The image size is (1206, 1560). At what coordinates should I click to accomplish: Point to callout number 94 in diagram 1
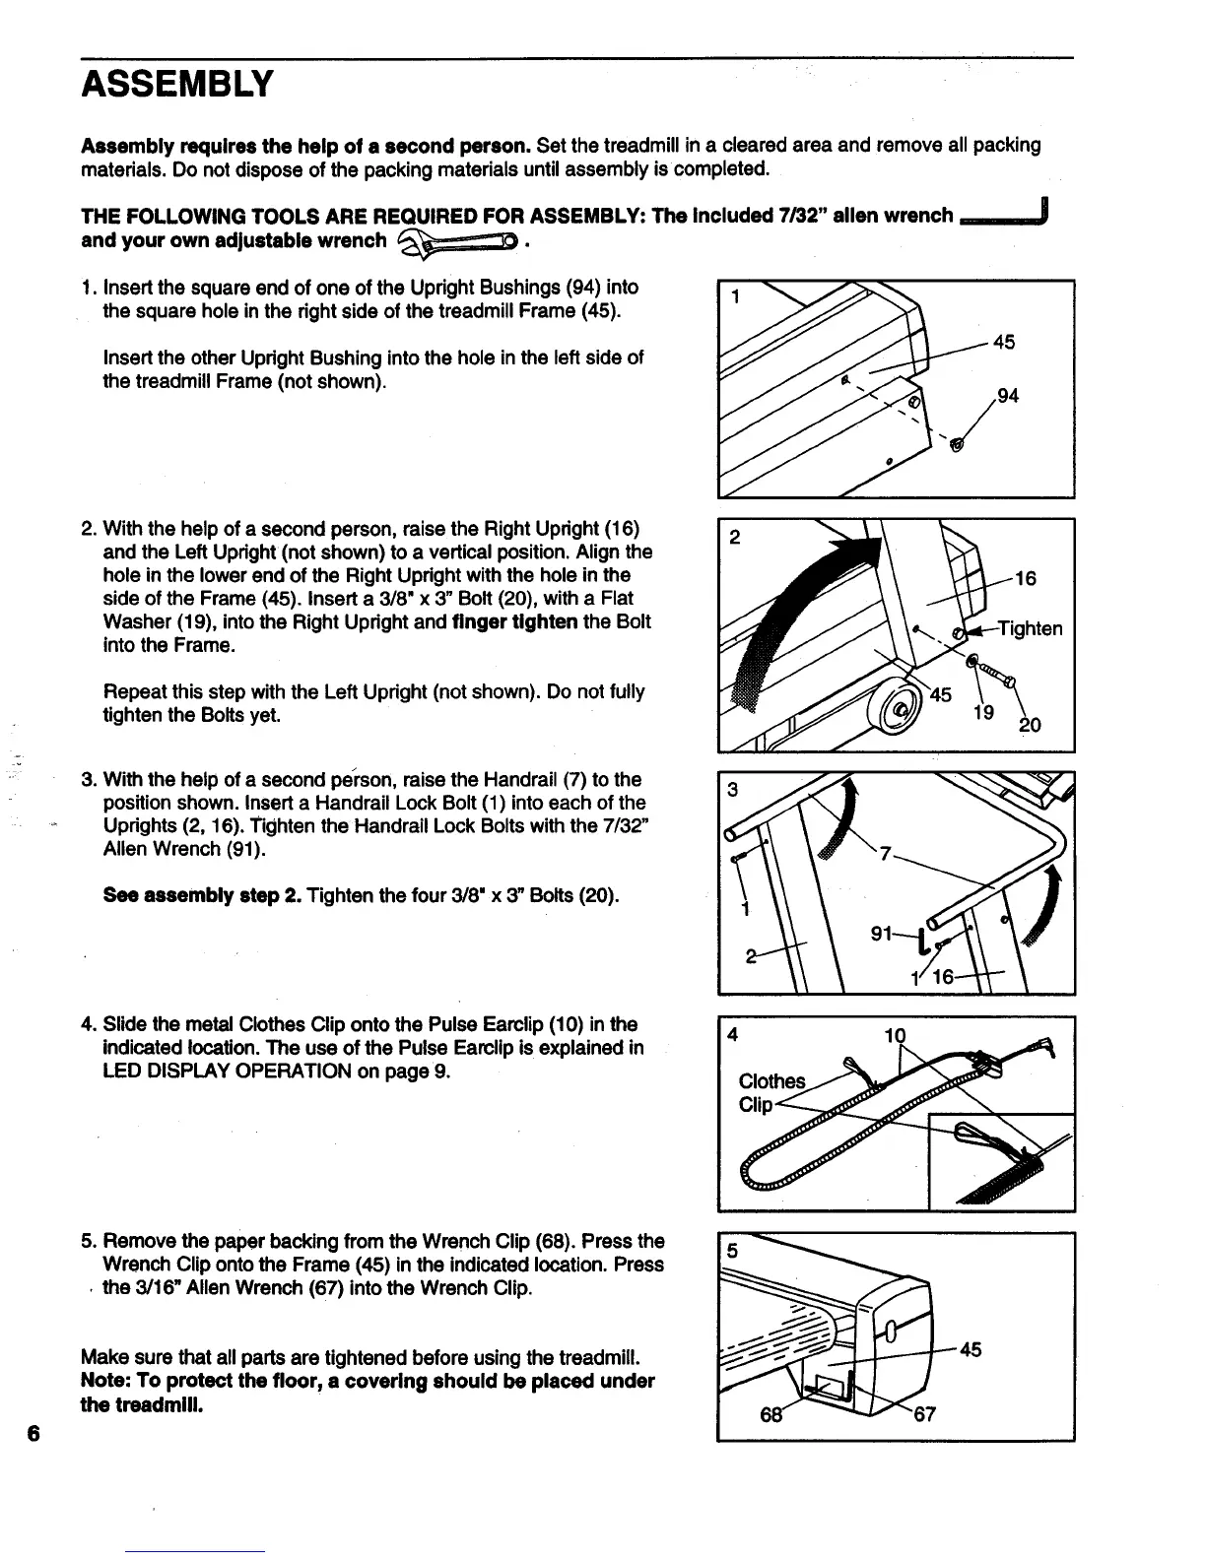click(x=1007, y=396)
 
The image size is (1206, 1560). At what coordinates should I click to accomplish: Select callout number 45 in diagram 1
click(x=1004, y=343)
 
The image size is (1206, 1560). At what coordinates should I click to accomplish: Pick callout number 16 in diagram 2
click(x=1025, y=579)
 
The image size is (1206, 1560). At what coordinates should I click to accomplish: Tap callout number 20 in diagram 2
click(x=1031, y=726)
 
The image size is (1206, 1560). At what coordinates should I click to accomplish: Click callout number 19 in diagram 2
click(x=983, y=712)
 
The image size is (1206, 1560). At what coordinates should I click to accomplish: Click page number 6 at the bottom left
click(x=33, y=1433)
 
